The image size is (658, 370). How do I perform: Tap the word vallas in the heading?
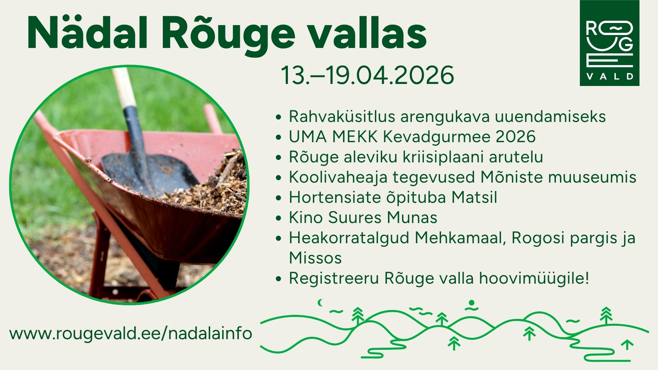pyautogui.click(x=367, y=33)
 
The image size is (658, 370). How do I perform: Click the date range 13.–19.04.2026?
pyautogui.click(x=367, y=75)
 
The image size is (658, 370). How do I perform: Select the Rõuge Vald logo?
pyautogui.click(x=609, y=43)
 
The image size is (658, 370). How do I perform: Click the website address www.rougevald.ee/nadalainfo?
pyautogui.click(x=131, y=333)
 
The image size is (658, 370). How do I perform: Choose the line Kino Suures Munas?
pyautogui.click(x=363, y=218)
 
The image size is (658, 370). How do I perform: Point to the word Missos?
pyautogui.click(x=315, y=258)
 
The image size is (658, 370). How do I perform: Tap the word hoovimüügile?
pyautogui.click(x=534, y=279)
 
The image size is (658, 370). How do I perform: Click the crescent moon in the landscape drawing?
pyautogui.click(x=321, y=303)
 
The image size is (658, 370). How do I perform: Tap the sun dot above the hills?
pyautogui.click(x=472, y=303)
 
